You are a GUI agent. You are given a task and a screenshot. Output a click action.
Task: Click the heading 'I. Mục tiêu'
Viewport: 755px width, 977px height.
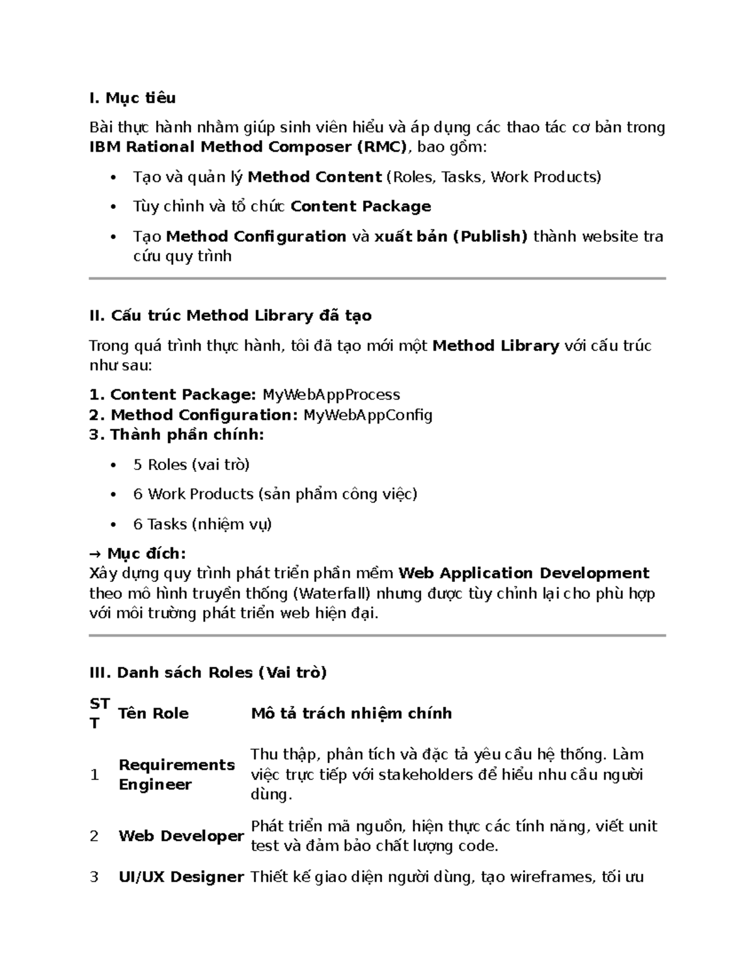(132, 98)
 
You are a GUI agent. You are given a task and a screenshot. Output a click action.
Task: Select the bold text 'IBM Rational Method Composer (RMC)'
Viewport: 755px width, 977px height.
(249, 147)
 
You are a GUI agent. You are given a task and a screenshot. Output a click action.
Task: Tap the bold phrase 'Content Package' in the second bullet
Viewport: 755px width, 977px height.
(361, 206)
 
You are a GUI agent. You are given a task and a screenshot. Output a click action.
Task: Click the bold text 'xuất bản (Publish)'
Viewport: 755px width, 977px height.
(450, 237)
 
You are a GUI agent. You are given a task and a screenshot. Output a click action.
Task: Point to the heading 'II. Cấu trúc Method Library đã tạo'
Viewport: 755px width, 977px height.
(230, 316)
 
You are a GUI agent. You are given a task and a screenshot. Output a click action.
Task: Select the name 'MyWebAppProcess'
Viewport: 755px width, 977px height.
(331, 395)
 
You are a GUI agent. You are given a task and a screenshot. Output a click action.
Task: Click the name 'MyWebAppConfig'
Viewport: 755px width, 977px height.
(367, 415)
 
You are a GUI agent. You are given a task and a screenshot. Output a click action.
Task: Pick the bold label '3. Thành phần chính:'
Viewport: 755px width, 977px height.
(176, 435)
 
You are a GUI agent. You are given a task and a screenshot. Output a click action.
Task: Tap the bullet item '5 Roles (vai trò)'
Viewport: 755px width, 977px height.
(191, 465)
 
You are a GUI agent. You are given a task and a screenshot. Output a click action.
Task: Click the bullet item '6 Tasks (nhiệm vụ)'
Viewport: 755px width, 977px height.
(202, 524)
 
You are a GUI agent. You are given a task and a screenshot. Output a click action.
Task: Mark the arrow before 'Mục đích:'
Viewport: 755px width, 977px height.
(95, 554)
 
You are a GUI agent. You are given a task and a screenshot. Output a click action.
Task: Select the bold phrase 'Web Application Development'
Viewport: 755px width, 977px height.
(524, 574)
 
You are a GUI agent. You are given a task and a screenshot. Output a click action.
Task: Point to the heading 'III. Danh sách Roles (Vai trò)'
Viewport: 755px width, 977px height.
(208, 673)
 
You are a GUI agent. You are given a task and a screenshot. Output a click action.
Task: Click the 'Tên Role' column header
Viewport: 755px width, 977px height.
(154, 713)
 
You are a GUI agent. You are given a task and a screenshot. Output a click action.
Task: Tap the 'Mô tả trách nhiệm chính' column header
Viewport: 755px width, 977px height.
(351, 713)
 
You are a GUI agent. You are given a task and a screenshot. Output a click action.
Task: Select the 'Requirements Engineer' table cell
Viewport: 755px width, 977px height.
(176, 774)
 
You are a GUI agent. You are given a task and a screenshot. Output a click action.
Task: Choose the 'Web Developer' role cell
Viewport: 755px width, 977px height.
(181, 836)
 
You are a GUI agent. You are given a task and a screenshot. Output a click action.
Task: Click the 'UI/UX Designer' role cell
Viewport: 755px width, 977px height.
(181, 877)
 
